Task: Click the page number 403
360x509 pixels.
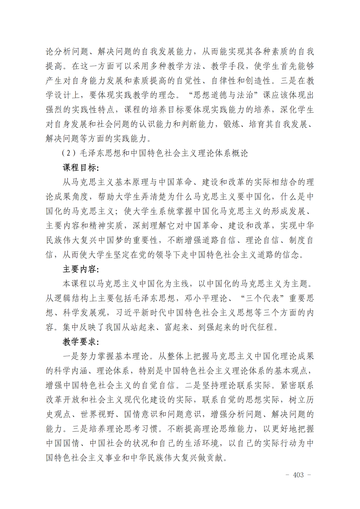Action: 298,475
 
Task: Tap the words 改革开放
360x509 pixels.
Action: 63,400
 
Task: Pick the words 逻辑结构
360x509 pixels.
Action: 72,298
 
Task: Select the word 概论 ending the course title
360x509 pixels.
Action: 240,153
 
